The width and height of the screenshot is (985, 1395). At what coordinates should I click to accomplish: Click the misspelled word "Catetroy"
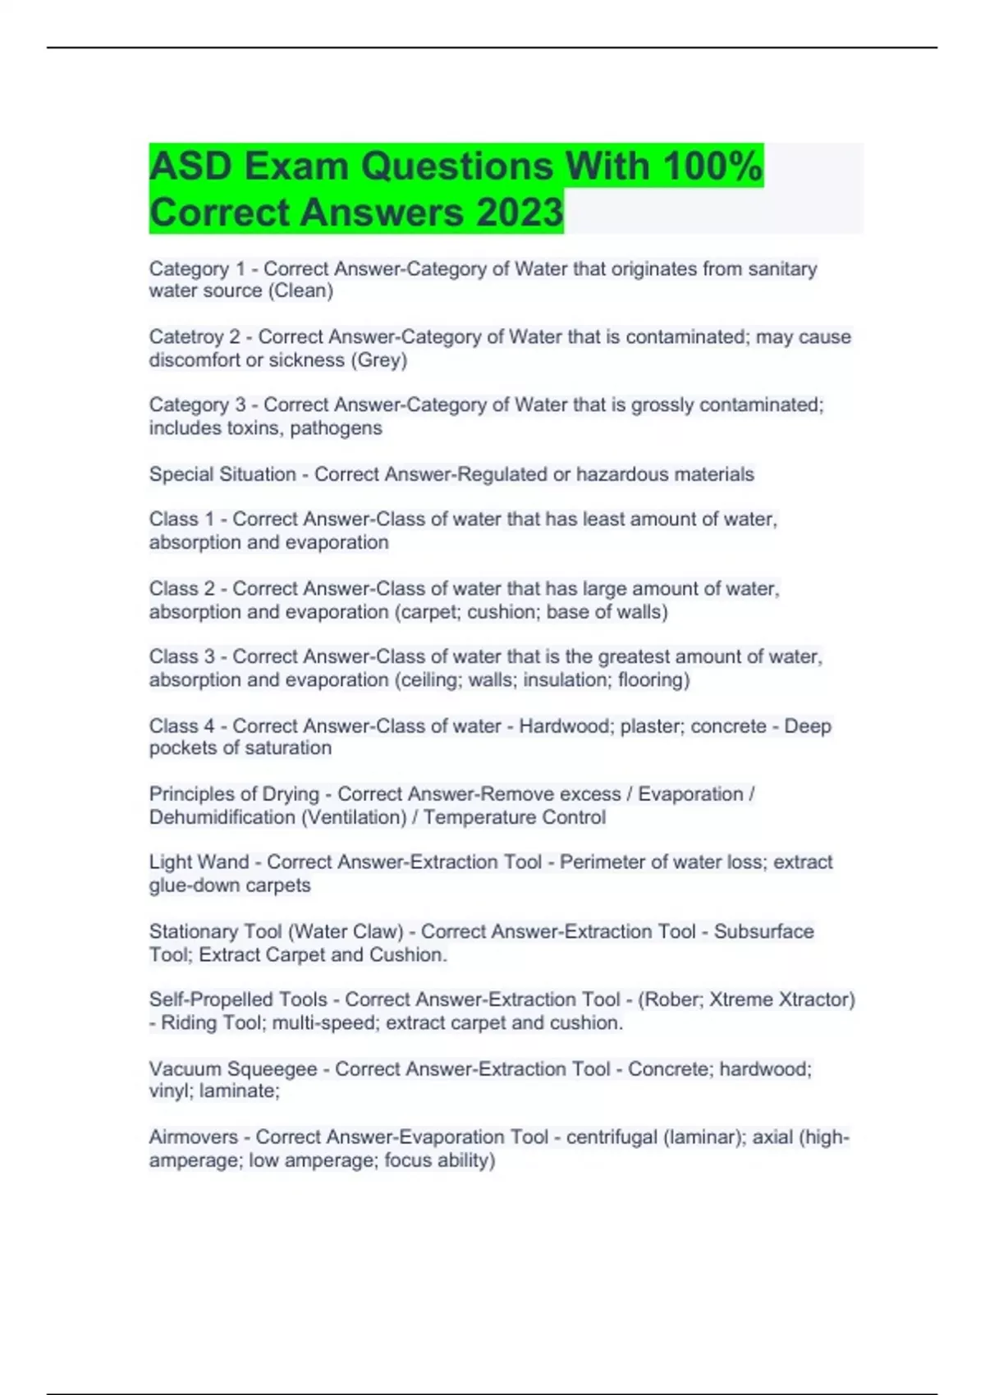coord(189,337)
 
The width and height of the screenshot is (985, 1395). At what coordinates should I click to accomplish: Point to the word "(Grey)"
coord(378,360)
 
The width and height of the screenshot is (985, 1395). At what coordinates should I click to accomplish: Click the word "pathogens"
coord(336,428)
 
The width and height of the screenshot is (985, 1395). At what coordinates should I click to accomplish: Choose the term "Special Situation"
coord(222,474)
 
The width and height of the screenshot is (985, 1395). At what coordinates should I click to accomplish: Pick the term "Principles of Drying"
coord(234,794)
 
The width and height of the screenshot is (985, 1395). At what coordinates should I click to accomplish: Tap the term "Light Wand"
coord(199,862)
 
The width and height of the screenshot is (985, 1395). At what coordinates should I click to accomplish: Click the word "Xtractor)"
coord(816,1000)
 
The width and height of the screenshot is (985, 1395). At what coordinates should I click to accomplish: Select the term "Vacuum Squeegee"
coord(233,1069)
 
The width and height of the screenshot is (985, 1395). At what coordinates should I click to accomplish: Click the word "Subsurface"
coord(763,932)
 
